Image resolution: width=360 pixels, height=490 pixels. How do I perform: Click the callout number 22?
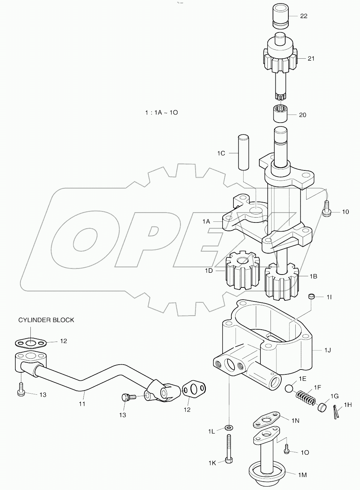coord(304,16)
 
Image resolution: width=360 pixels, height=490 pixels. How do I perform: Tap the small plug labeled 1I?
coord(312,297)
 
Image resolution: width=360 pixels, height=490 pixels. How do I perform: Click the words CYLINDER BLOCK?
coord(46,320)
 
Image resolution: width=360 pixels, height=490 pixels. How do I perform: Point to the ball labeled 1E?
coord(290,388)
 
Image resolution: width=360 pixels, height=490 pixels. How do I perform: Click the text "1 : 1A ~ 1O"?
coord(161,113)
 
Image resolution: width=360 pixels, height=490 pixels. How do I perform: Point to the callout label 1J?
coord(327,350)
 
